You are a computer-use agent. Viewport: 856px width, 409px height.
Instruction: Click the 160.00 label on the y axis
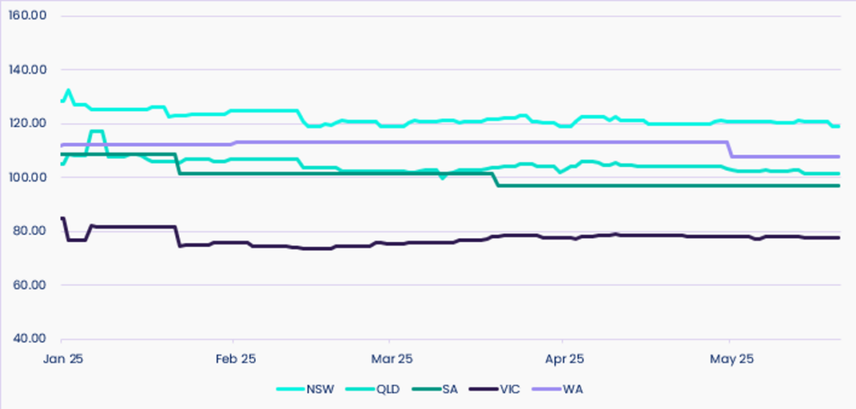tap(27, 16)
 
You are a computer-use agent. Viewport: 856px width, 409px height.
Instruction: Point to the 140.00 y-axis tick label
tap(27, 70)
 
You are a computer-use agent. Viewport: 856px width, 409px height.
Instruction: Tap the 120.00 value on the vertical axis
tap(27, 124)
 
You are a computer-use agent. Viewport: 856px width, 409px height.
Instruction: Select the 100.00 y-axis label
tap(27, 178)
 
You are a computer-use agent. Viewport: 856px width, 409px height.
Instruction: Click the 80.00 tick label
tap(29, 231)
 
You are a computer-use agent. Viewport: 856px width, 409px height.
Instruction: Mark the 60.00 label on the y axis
tap(29, 285)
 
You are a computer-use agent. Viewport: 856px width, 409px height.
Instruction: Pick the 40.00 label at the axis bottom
tap(29, 339)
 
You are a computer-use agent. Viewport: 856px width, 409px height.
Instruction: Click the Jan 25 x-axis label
tap(62, 359)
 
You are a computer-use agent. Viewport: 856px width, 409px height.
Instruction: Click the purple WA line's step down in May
tap(731, 149)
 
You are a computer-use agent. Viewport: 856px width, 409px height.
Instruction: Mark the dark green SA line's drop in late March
tap(497, 179)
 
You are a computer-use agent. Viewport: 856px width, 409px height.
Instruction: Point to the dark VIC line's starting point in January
tap(63, 218)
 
